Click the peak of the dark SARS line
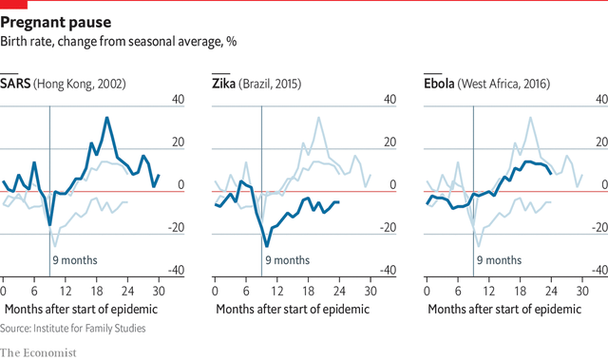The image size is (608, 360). (107, 118)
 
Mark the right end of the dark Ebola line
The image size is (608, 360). (551, 171)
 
